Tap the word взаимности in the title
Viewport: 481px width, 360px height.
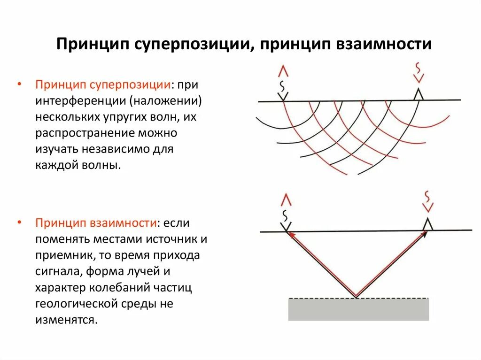[384, 44]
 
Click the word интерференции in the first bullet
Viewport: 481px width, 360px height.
[81, 101]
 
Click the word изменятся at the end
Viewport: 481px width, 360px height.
[65, 320]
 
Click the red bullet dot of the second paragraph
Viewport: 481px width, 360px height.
[19, 223]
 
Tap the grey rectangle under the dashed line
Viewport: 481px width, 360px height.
[358, 310]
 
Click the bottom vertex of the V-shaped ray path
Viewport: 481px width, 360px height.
[357, 297]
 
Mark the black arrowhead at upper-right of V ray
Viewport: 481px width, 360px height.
[424, 234]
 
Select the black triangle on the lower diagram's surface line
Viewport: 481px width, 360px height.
[427, 224]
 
